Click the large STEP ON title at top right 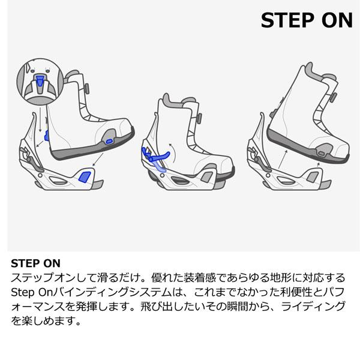[x=306, y=20]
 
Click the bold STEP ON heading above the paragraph [x=36, y=263]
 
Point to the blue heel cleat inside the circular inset [x=40, y=82]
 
